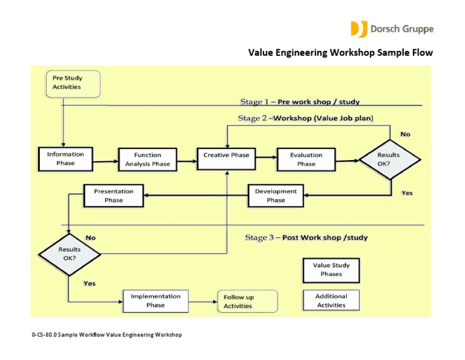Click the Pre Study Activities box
point(73,83)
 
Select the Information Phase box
point(65,159)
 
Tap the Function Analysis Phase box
point(148,159)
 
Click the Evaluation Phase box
point(306,159)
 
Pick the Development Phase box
point(275,196)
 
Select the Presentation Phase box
point(113,196)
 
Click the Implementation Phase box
point(155,301)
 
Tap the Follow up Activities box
point(246,301)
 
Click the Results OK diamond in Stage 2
point(389,159)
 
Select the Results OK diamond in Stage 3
point(70,253)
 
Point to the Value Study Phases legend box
point(331,270)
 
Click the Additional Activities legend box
point(331,301)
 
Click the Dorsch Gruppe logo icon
point(357,28)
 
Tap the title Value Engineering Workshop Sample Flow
point(341,53)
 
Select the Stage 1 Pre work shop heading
point(303,101)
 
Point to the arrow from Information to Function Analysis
point(105,161)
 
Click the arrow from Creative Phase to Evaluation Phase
point(266,159)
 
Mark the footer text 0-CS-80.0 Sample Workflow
point(106,335)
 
